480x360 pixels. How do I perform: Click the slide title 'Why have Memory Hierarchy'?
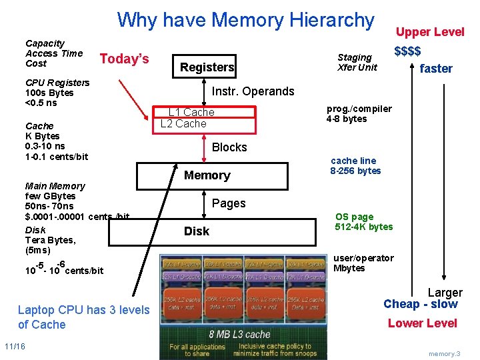coord(245,20)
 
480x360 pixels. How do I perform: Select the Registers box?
coord(207,67)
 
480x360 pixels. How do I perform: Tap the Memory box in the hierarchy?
coord(207,175)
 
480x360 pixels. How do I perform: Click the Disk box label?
coord(197,231)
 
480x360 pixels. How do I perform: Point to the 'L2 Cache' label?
coord(183,123)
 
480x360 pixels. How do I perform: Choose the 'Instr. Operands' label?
coord(253,91)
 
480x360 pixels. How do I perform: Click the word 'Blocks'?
coord(229,147)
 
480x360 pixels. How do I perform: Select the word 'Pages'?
coord(229,203)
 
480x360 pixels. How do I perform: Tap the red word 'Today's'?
coord(124,59)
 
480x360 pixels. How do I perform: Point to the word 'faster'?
coord(436,68)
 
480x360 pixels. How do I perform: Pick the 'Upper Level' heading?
coord(430,32)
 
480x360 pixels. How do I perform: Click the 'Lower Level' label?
coord(422,323)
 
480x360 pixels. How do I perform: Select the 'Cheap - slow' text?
coord(420,304)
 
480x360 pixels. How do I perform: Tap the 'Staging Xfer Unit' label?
coord(357,62)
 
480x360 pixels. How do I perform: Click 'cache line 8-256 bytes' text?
coord(355,165)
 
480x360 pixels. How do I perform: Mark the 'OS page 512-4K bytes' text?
coord(363,221)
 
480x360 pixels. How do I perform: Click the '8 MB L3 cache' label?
coord(239,333)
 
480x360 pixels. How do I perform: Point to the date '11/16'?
coord(15,346)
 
